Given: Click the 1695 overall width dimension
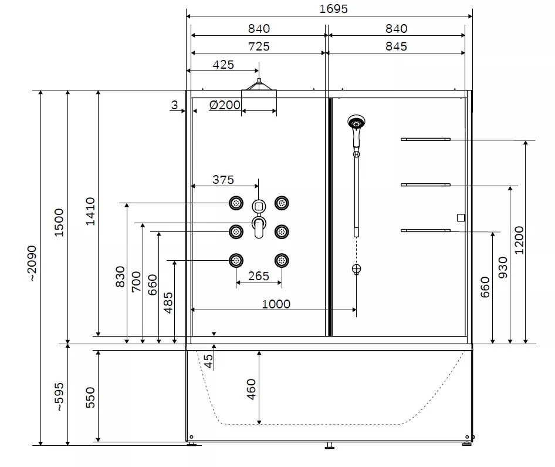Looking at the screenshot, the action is (333, 9).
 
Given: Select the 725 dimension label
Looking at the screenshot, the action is (259, 46).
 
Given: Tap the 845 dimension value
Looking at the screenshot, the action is (396, 46).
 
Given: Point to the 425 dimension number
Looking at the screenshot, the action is (224, 65).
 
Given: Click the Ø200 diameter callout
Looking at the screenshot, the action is (225, 105).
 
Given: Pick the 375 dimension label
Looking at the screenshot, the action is (223, 180).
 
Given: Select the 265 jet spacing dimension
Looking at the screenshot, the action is (258, 276).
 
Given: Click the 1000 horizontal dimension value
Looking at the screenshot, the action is (276, 304).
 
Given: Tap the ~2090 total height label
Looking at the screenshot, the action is (32, 263).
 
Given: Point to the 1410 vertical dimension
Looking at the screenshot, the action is (90, 211).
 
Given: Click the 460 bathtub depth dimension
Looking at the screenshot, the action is (251, 389).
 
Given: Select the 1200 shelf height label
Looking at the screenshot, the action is (519, 240).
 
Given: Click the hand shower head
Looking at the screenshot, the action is (357, 123).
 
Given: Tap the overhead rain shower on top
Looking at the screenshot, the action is (259, 85).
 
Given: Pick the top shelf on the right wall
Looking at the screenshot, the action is (425, 140).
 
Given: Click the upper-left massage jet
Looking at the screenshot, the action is (236, 203).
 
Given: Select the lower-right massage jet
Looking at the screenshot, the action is (282, 261).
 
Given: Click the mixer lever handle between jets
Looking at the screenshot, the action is (259, 228).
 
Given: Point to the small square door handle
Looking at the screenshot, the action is (461, 217).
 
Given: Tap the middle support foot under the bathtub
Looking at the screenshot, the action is (330, 446).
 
